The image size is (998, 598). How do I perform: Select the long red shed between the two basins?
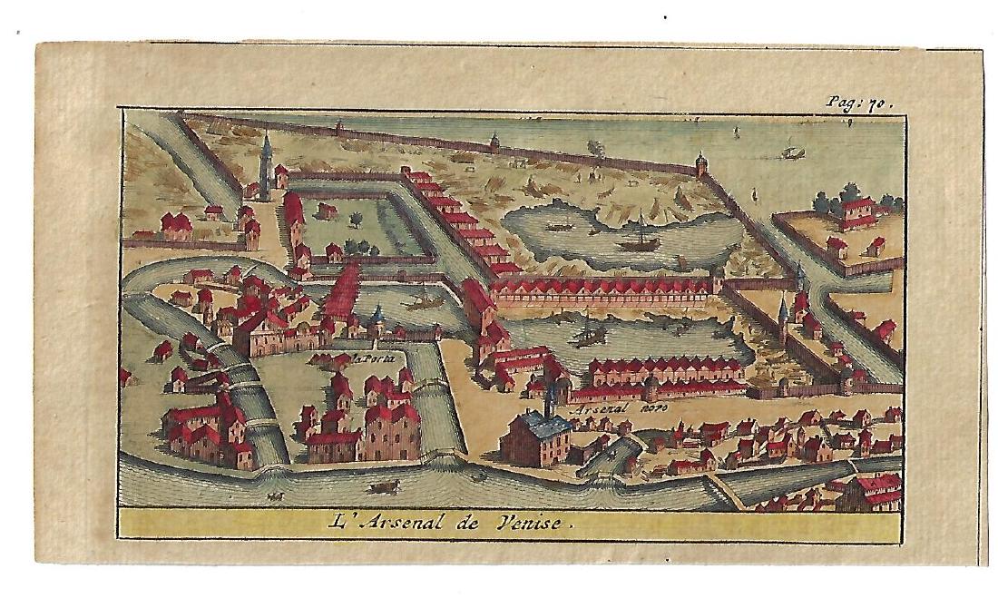pyautogui.click(x=603, y=289)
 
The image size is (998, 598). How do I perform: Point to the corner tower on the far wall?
pyautogui.click(x=700, y=163)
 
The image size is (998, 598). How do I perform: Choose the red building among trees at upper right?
pyautogui.click(x=856, y=211)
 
